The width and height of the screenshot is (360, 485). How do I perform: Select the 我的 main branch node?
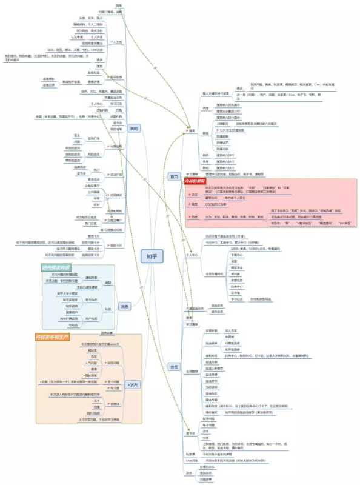(135, 128)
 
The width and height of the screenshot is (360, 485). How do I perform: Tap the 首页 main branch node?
(174, 176)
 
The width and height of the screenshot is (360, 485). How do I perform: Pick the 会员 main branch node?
(174, 366)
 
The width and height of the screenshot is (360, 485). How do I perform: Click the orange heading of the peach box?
(53, 335)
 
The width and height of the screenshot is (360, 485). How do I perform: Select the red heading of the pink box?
(196, 181)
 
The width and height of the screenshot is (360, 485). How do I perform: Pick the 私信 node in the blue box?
(108, 309)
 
